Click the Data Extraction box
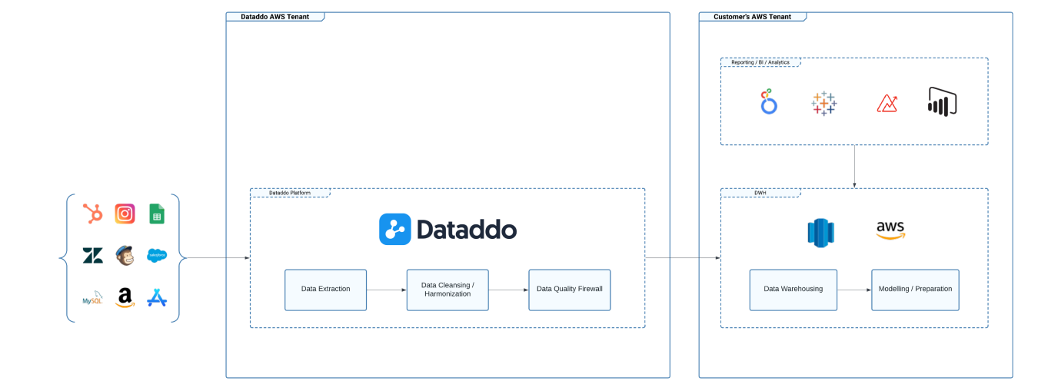[x=325, y=290]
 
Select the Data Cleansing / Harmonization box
[x=447, y=290]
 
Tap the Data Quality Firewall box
[x=569, y=290]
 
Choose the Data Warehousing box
[x=793, y=290]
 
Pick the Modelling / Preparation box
[x=915, y=290]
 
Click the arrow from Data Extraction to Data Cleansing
[x=386, y=290]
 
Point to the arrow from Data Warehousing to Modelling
[x=853, y=290]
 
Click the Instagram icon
[x=125, y=214]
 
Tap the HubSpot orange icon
[x=93, y=214]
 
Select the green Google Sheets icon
[x=157, y=214]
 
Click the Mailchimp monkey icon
[x=125, y=255]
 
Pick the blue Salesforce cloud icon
[x=157, y=256]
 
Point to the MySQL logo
[x=93, y=298]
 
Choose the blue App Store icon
[x=157, y=297]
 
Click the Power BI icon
[x=942, y=101]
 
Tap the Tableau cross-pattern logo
[x=823, y=103]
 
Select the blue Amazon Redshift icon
[x=820, y=232]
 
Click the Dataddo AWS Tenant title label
[x=274, y=16]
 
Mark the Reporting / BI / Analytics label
[x=760, y=62]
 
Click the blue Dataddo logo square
[x=394, y=229]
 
